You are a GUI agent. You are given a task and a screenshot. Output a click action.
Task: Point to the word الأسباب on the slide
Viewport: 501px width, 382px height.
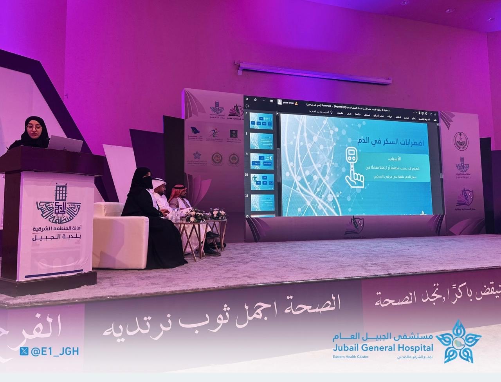[396, 160]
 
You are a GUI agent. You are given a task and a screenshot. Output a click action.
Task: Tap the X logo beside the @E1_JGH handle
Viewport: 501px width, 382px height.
[24, 351]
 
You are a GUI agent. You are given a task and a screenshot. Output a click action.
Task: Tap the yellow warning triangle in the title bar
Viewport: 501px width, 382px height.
[297, 103]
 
